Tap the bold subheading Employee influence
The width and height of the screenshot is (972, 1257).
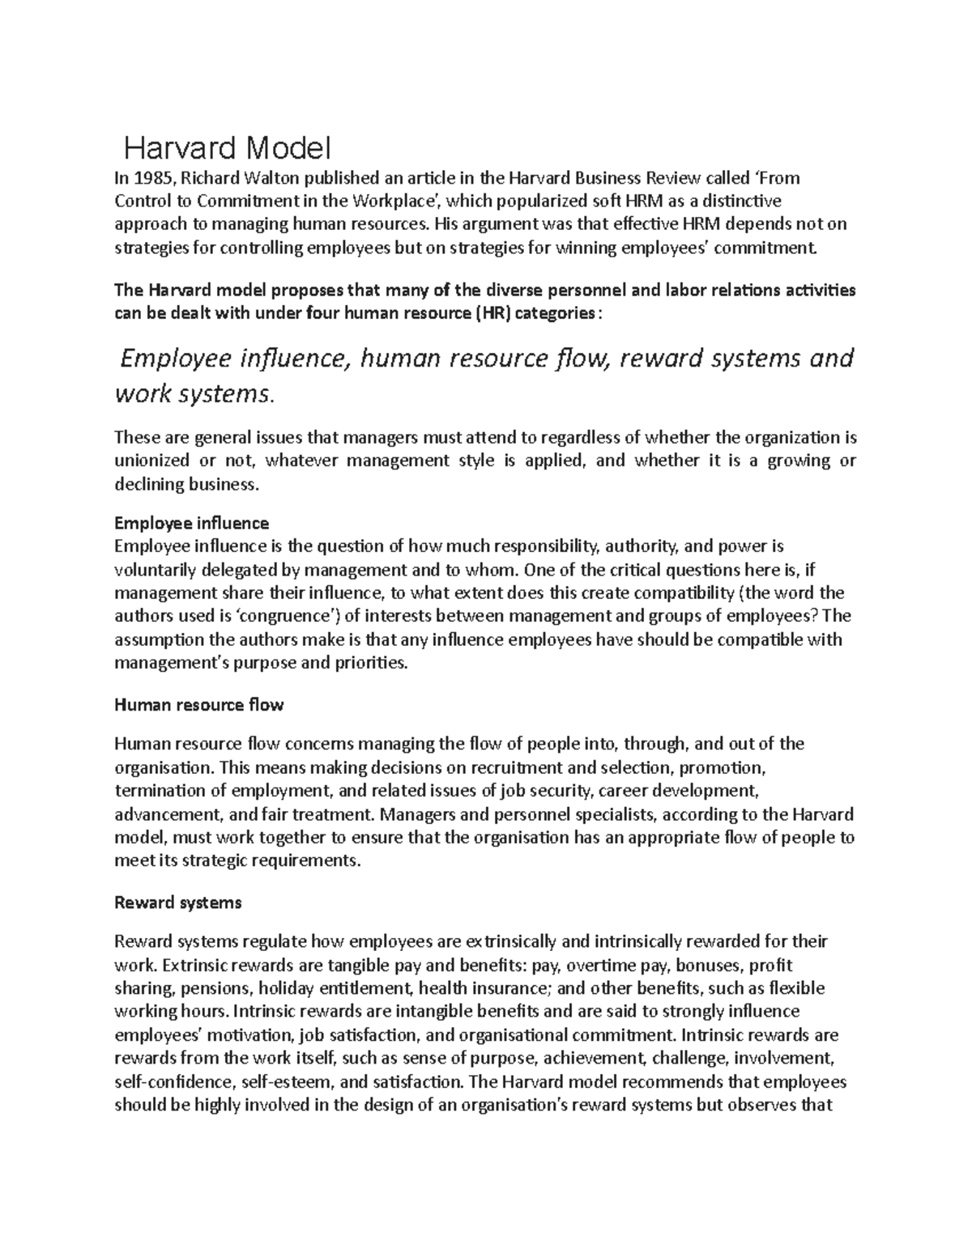(192, 523)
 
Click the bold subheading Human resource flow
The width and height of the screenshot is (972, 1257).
(199, 704)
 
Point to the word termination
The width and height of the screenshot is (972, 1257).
(158, 790)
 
